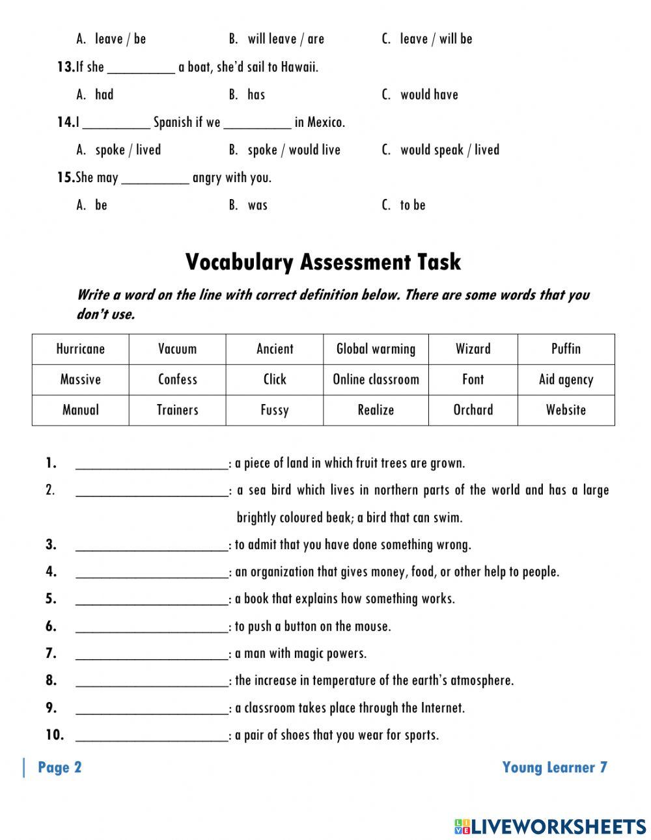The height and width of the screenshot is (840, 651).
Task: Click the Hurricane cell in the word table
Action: tap(80, 349)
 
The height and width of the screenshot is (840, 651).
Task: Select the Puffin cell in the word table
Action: tap(566, 349)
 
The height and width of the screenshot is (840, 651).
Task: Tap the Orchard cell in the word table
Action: tap(473, 410)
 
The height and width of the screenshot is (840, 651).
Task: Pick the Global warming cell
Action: tap(376, 349)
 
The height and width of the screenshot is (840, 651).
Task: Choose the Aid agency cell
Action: tap(566, 379)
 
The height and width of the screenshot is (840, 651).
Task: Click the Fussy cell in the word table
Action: tap(274, 410)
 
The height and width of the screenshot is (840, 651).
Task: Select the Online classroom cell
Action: tap(376, 379)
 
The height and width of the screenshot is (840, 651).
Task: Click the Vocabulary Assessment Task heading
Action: tap(323, 262)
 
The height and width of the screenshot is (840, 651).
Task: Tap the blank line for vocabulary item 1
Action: tap(152, 464)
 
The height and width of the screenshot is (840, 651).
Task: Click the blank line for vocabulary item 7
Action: tap(152, 653)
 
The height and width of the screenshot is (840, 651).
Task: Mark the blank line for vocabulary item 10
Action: tap(152, 735)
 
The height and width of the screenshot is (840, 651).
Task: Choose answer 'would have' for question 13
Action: tap(428, 95)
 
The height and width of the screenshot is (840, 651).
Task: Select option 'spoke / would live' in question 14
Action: tap(294, 150)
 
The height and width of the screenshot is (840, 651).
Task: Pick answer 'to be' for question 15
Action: tap(412, 206)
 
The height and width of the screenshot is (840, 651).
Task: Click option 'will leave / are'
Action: tap(285, 39)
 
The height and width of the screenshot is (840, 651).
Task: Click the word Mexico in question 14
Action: tap(325, 122)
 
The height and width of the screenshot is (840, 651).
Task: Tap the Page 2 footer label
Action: tap(60, 768)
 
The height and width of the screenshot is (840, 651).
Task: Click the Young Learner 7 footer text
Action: tap(555, 768)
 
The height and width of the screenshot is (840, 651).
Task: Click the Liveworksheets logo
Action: tap(550, 826)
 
